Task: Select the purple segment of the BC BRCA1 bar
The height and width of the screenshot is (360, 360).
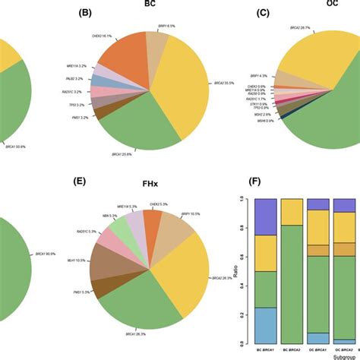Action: pyautogui.click(x=265, y=216)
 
